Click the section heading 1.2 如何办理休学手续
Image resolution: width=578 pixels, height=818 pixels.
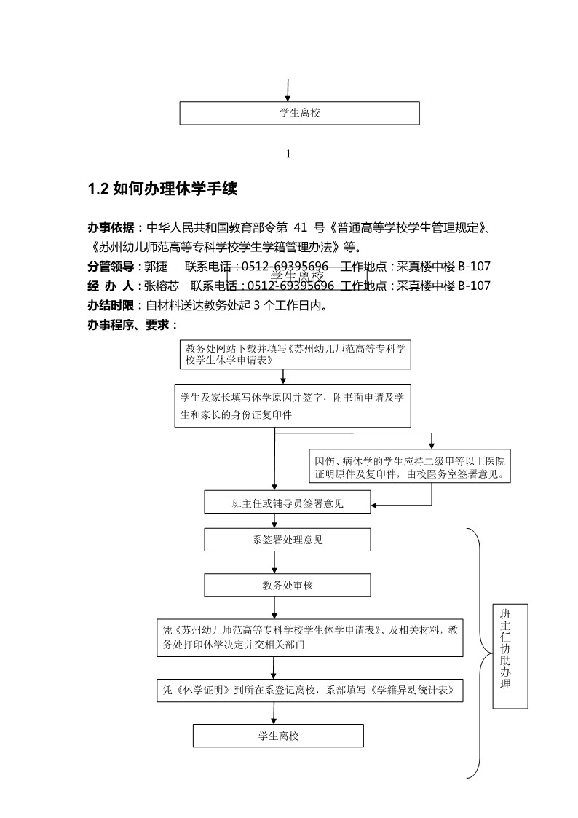tap(162, 189)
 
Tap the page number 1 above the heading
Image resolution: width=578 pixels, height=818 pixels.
tap(289, 154)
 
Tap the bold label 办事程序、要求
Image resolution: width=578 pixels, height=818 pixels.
tap(132, 325)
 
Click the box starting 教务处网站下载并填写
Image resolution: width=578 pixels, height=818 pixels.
tap(295, 354)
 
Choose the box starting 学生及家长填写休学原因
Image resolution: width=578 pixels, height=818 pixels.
tap(292, 406)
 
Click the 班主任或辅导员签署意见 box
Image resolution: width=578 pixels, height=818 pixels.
tap(288, 502)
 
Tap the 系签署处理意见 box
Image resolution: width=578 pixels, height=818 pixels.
tap(288, 540)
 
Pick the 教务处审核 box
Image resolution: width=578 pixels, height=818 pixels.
tap(288, 585)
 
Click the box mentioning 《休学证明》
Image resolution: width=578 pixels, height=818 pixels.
tap(310, 690)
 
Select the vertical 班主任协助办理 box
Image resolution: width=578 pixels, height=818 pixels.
tap(510, 656)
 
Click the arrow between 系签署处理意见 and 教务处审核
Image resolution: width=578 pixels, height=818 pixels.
tap(274, 562)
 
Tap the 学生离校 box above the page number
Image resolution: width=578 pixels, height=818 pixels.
tap(300, 113)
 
